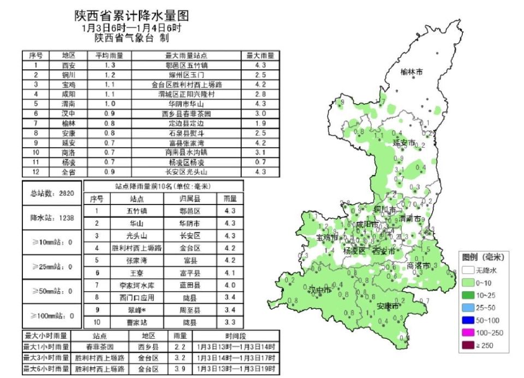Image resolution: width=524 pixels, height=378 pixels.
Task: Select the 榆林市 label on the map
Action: (x=412, y=71)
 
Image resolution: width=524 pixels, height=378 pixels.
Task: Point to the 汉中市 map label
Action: (x=320, y=290)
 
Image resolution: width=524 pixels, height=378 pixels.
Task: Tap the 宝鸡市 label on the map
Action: (x=327, y=238)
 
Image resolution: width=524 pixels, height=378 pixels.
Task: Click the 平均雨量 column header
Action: (x=109, y=55)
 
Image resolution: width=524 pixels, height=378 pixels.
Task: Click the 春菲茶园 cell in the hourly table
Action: (x=99, y=347)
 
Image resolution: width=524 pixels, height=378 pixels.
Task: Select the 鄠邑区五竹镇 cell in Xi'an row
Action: (x=186, y=65)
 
